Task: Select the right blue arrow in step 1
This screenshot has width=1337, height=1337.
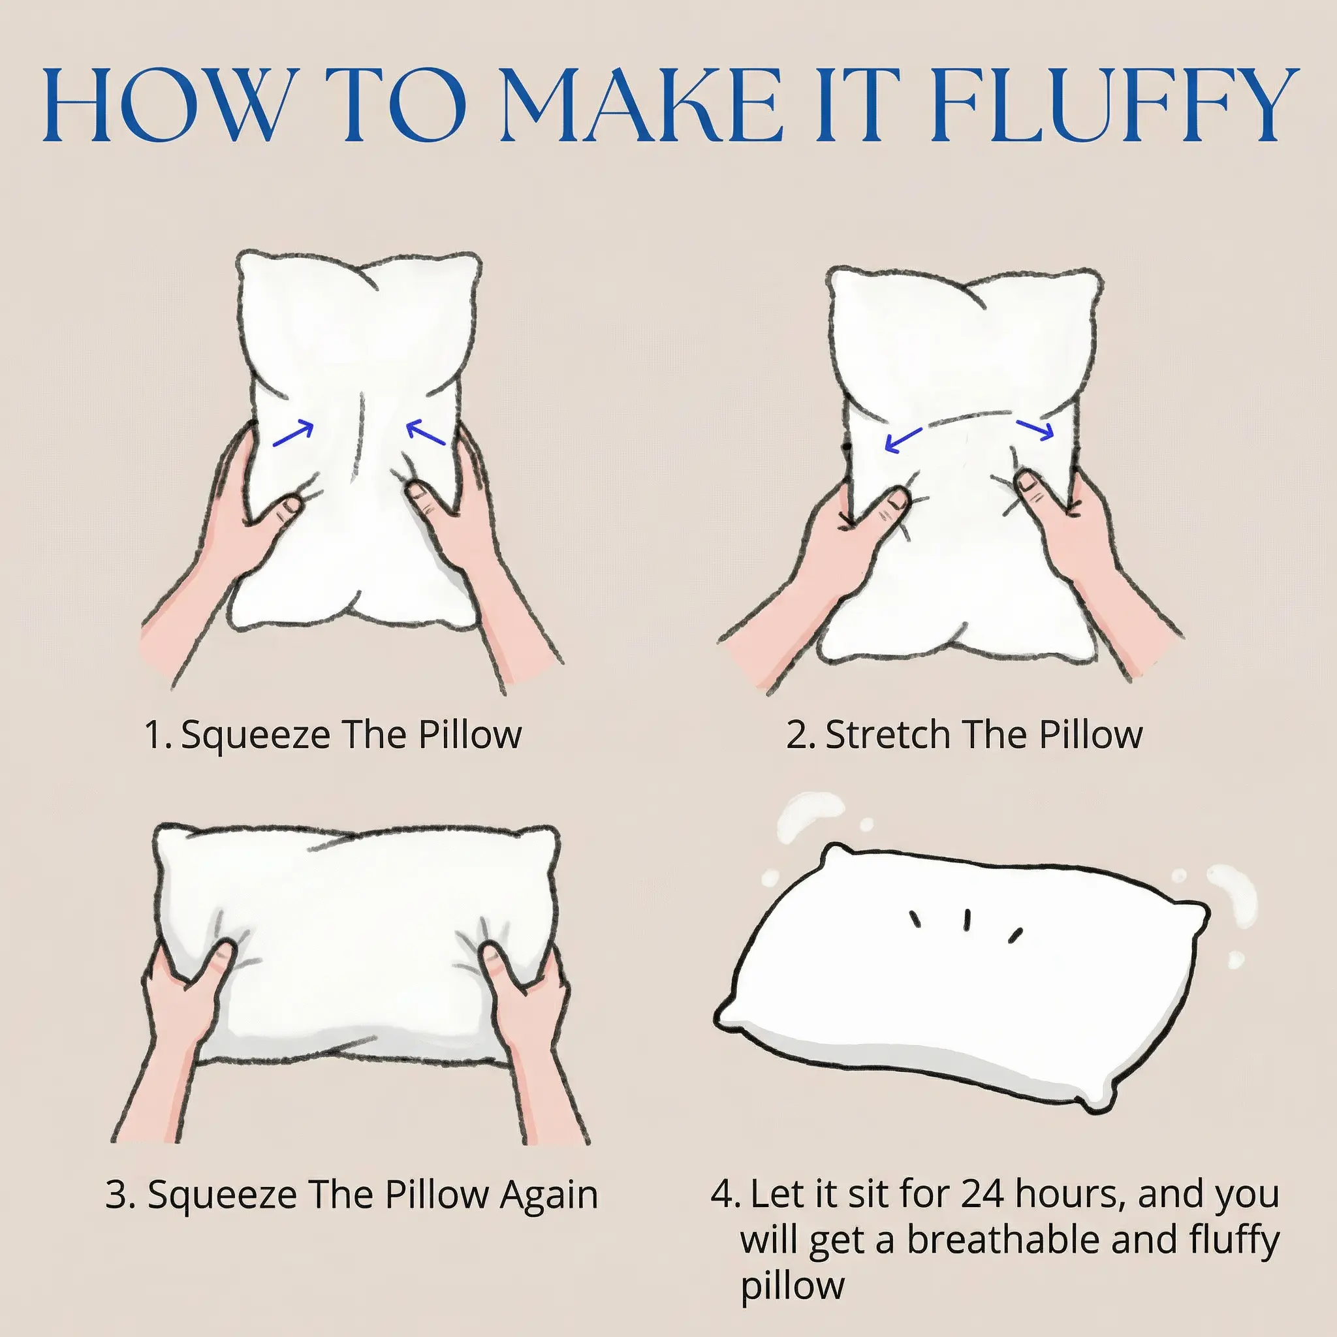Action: (426, 433)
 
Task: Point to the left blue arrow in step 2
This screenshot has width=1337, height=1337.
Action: (903, 441)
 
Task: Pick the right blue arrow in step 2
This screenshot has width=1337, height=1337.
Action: (1035, 429)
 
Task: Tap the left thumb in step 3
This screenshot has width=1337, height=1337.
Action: (215, 961)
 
